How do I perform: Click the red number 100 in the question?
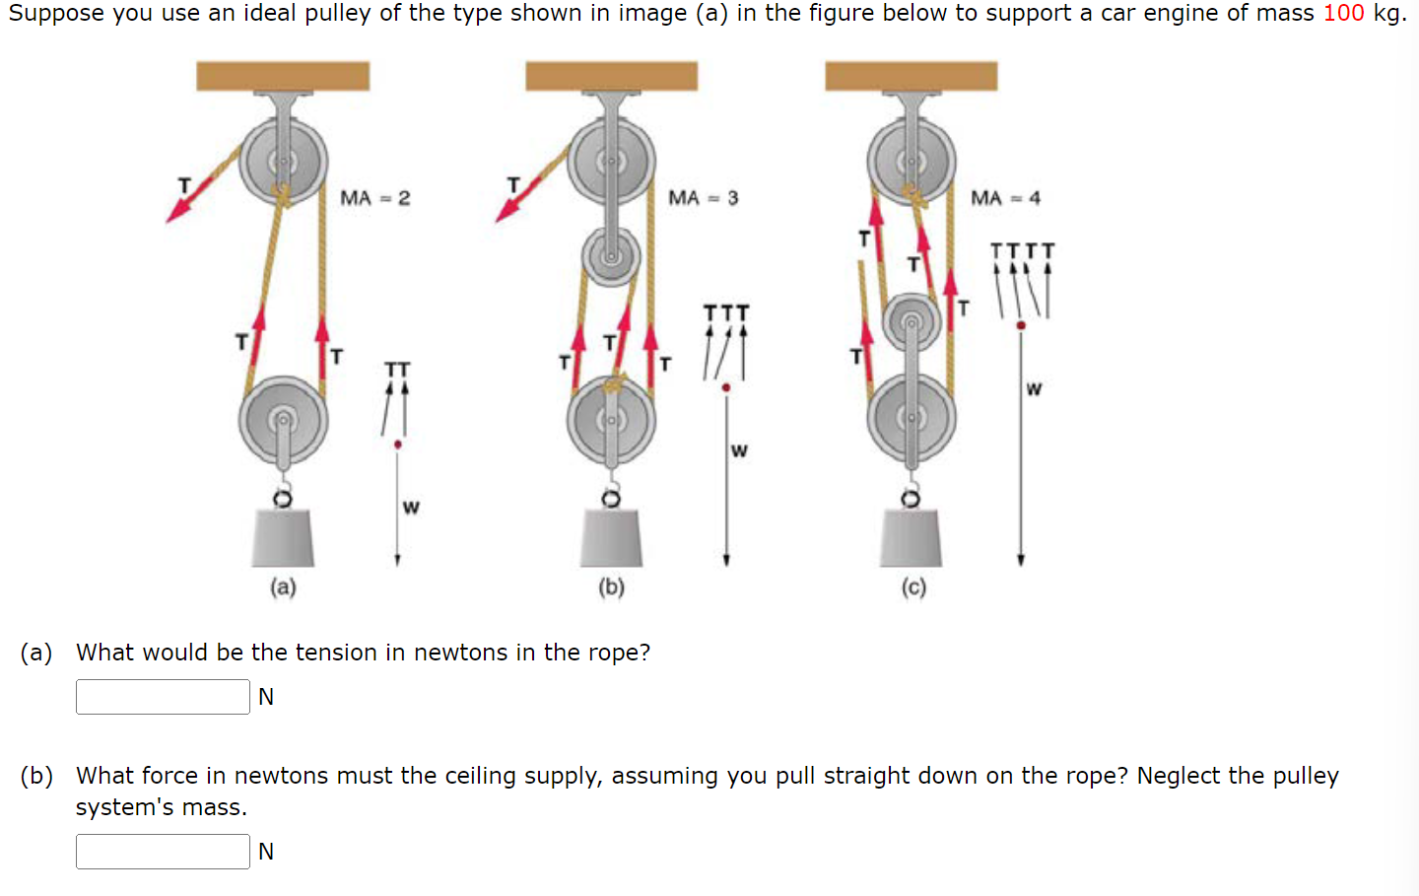pyautogui.click(x=1343, y=14)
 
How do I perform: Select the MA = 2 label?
pyautogui.click(x=374, y=198)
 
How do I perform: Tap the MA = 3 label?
pyautogui.click(x=703, y=198)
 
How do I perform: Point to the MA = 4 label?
pyautogui.click(x=1005, y=198)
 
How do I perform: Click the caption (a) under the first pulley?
pyautogui.click(x=283, y=587)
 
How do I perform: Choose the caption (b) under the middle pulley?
pyautogui.click(x=611, y=587)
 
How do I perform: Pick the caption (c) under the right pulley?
pyautogui.click(x=913, y=587)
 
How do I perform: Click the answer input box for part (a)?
pyautogui.click(x=163, y=697)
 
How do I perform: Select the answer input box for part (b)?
pyautogui.click(x=163, y=852)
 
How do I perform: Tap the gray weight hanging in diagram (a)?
pyautogui.click(x=283, y=538)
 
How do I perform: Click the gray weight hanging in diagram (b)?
pyautogui.click(x=611, y=538)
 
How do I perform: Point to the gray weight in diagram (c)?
pyautogui.click(x=911, y=538)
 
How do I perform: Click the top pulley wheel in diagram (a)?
pyautogui.click(x=283, y=161)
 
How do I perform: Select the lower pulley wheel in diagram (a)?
pyautogui.click(x=283, y=420)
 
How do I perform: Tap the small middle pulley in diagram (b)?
pyautogui.click(x=611, y=256)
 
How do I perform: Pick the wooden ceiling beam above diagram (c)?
pyautogui.click(x=911, y=76)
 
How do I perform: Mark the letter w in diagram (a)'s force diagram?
pyautogui.click(x=411, y=508)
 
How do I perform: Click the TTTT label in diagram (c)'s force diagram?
pyautogui.click(x=1022, y=251)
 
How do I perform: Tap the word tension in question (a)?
pyautogui.click(x=335, y=653)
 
